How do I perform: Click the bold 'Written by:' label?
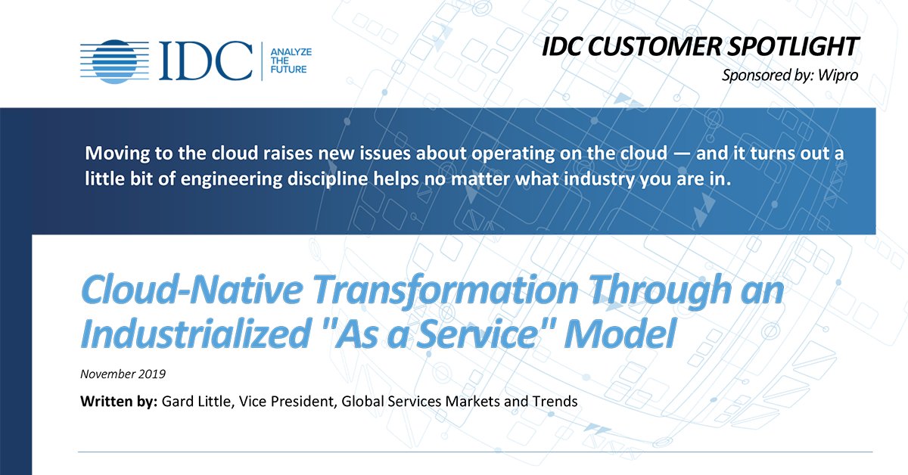[x=119, y=402]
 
